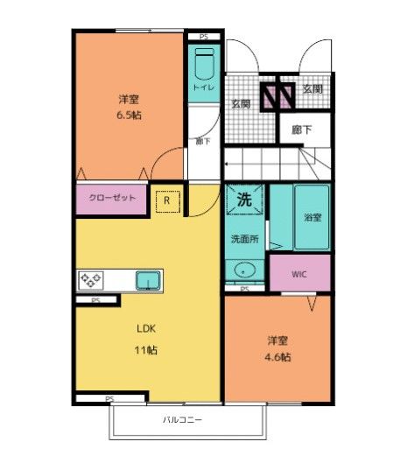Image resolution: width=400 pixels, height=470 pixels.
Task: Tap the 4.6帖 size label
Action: point(279,357)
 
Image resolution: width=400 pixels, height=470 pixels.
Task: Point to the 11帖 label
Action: point(145,350)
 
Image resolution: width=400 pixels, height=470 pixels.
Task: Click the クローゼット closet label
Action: point(112,199)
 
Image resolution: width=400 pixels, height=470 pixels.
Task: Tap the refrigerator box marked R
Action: point(167,200)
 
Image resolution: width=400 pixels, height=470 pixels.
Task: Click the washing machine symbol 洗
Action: point(245,199)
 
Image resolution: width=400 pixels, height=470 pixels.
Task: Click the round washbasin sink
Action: point(243,270)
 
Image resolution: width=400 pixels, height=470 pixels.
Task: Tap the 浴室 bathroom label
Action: point(312,216)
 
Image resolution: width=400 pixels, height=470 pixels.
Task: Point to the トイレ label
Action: point(203,87)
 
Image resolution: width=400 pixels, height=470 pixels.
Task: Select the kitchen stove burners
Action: point(91,281)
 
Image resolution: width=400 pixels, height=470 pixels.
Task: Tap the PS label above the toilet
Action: point(203,36)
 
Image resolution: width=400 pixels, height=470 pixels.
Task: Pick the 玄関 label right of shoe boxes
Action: point(312,88)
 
